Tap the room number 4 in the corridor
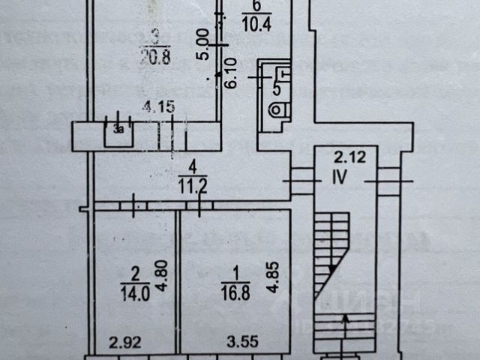click(x=193, y=164)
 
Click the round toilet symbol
click(x=278, y=109)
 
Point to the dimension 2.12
click(x=347, y=157)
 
